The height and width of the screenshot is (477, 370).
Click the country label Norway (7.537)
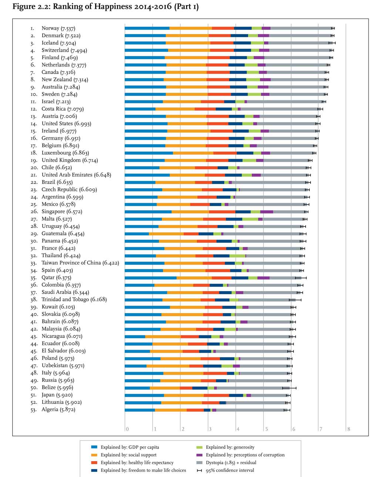[58, 28]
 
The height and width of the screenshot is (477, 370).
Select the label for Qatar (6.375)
[56, 278]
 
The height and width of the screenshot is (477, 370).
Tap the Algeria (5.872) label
[58, 410]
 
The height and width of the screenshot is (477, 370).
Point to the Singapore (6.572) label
[62, 212]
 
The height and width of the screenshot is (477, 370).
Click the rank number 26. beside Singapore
[34, 212]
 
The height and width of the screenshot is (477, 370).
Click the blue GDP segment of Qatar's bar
[151, 278]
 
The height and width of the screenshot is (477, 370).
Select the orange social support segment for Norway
[191, 28]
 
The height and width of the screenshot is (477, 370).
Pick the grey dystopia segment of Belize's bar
[253, 388]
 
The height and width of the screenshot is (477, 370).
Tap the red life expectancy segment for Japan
[216, 395]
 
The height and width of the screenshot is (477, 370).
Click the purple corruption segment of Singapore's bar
[267, 212]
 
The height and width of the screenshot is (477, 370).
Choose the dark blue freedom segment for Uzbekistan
[212, 366]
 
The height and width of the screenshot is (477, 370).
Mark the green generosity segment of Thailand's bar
[238, 256]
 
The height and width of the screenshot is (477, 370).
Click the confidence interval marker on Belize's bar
[289, 388]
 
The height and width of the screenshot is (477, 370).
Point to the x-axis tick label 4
[238, 429]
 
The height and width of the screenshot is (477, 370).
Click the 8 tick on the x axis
[349, 429]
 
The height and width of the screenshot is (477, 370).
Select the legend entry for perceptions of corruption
[240, 455]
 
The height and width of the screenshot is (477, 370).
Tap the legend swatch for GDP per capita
[94, 447]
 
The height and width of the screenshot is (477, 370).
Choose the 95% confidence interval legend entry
[226, 470]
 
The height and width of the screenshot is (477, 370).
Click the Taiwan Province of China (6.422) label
[80, 263]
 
